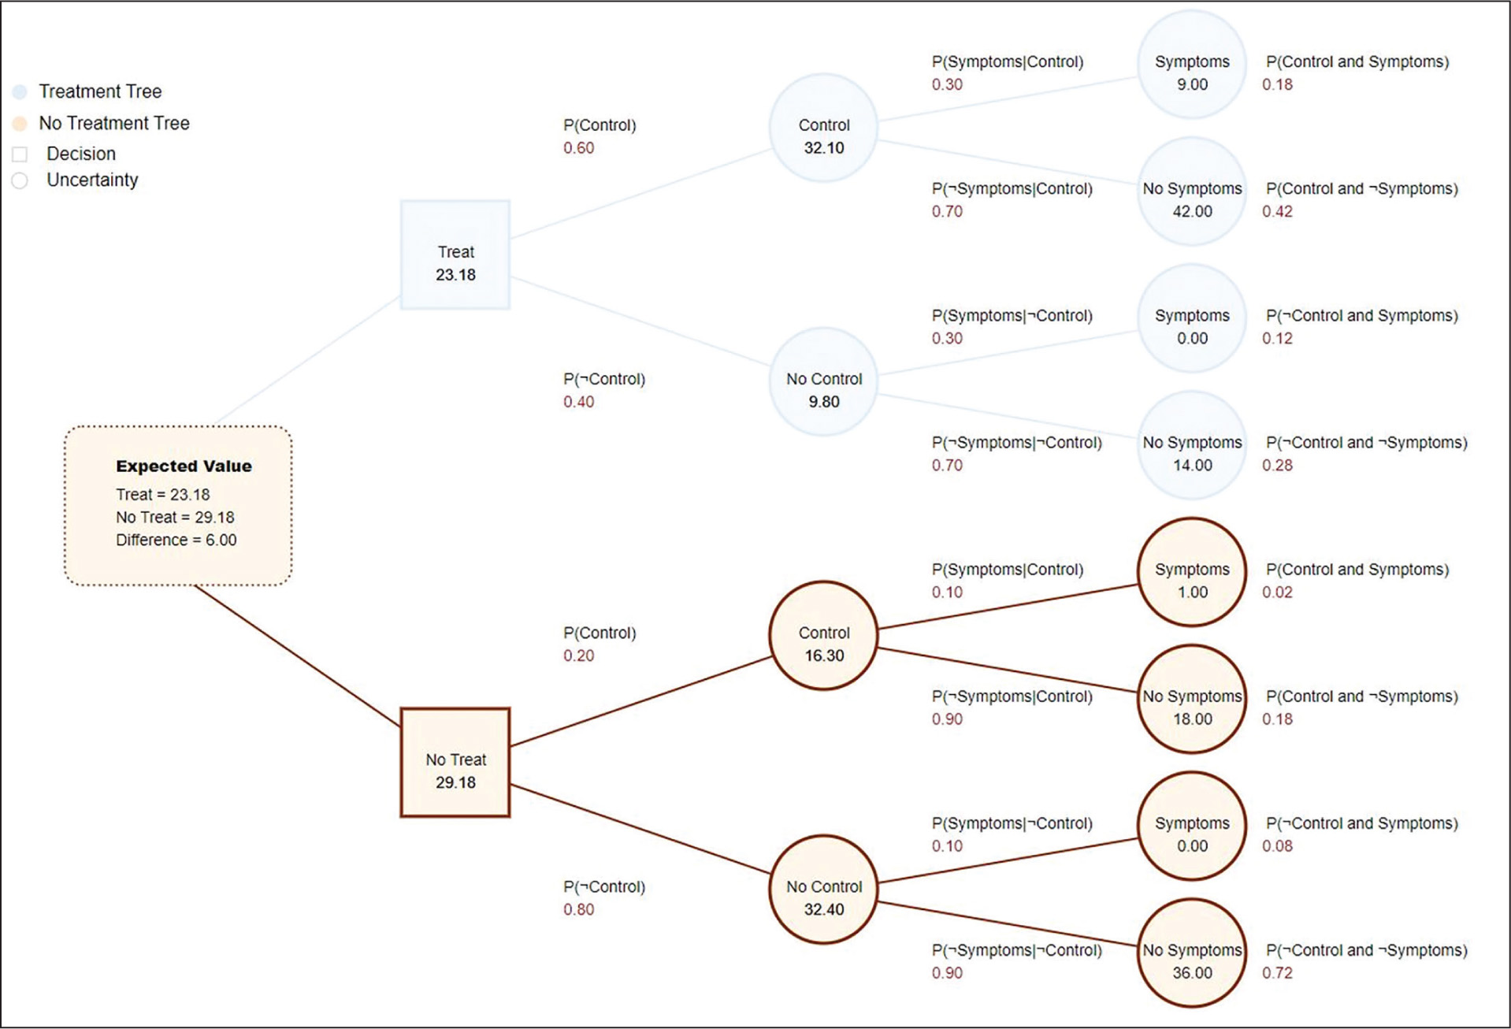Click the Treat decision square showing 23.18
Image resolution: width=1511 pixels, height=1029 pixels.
tap(455, 254)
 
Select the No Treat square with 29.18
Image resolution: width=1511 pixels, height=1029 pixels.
tap(455, 763)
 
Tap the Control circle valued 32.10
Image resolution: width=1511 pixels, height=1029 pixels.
tap(823, 128)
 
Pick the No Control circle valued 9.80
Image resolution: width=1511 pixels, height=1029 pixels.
tap(823, 382)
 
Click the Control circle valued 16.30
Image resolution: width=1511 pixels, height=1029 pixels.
tap(823, 636)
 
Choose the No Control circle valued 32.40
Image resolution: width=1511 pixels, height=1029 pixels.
tap(823, 890)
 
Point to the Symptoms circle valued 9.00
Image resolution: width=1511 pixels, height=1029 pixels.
tap(1192, 65)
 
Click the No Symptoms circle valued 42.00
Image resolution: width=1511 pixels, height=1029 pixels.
tap(1192, 191)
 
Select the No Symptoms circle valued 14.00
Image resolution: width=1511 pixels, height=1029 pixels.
tap(1192, 445)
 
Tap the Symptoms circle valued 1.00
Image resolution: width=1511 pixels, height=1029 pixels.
tap(1192, 572)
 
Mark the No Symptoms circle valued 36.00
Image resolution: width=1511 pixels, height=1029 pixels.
tap(1192, 953)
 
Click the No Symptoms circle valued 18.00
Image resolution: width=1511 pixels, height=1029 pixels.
tap(1192, 699)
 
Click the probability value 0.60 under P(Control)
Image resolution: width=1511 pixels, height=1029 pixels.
tap(578, 148)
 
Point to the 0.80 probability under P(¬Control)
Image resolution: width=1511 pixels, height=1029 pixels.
tap(578, 909)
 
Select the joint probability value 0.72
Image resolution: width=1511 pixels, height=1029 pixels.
tap(1277, 973)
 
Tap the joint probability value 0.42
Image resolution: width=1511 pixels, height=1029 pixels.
tap(1277, 211)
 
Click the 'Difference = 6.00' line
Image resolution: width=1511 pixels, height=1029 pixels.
tap(176, 540)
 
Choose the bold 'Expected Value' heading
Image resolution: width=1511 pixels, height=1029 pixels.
tap(184, 466)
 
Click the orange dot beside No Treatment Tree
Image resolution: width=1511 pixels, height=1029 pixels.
tap(20, 123)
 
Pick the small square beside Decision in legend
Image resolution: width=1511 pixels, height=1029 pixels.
tap(20, 154)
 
